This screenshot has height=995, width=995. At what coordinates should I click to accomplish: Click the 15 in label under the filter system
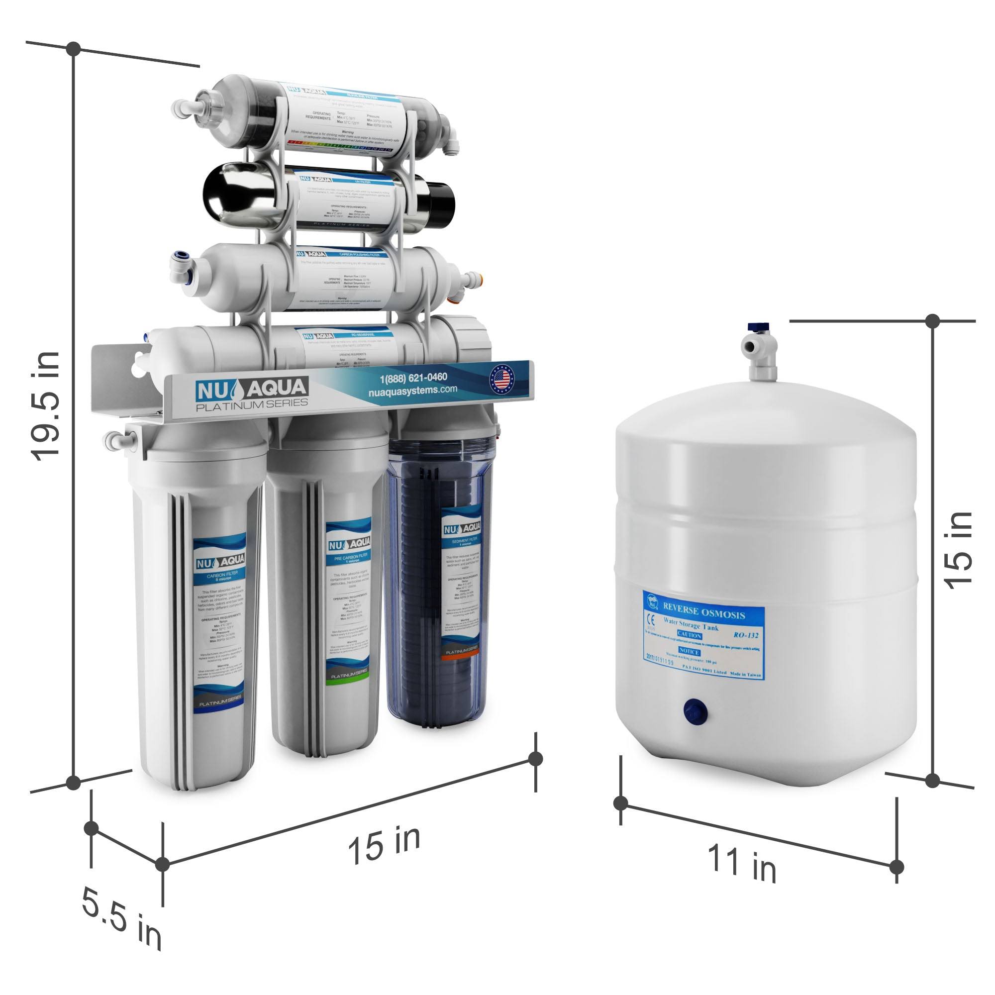384,844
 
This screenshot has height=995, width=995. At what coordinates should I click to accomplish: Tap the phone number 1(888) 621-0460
413,378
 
